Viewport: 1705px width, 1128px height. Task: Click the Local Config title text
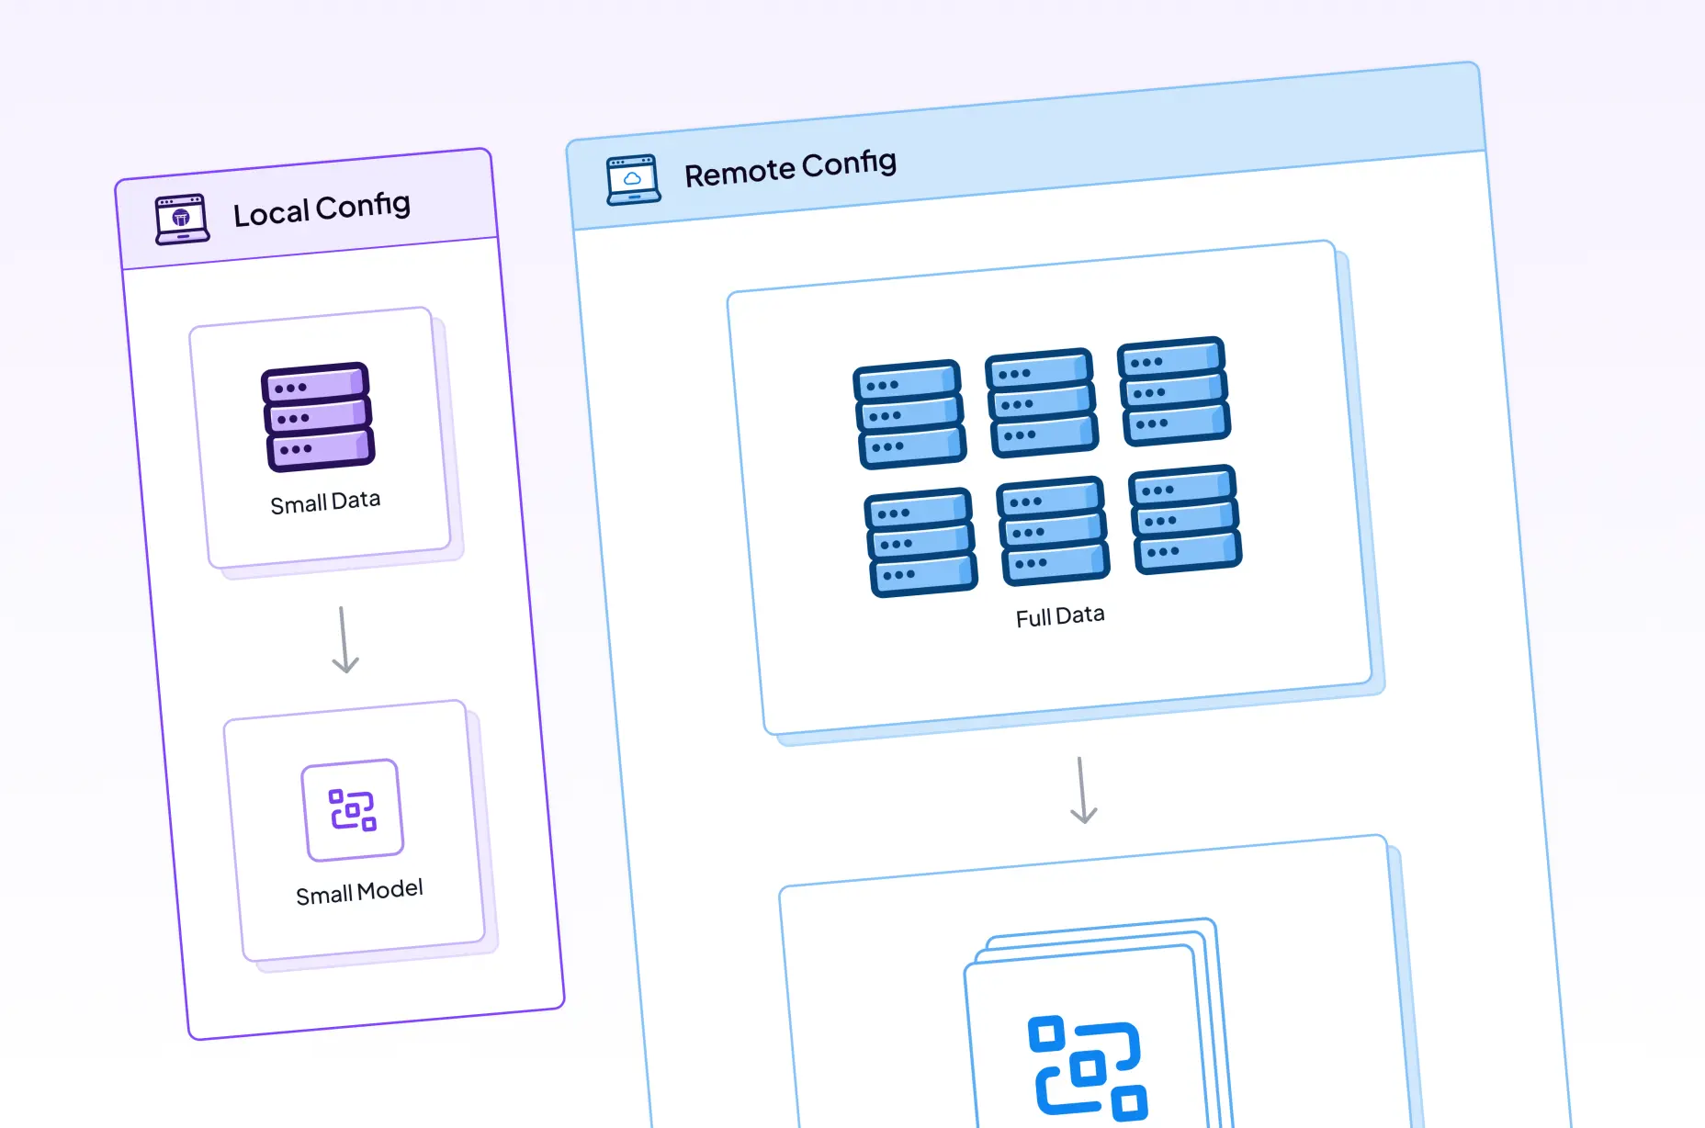[322, 209]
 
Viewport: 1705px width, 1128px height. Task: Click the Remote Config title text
[790, 168]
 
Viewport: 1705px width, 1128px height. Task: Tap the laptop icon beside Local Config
[182, 219]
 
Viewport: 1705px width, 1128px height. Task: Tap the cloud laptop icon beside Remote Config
[633, 179]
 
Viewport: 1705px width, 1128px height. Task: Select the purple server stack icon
[318, 417]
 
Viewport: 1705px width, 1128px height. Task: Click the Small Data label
[325, 502]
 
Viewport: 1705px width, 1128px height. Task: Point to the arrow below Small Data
[344, 640]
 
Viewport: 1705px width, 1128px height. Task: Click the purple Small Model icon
[353, 810]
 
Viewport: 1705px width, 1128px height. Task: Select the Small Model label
[359, 892]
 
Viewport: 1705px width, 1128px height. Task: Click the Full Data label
[1060, 616]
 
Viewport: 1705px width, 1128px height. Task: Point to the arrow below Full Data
[1083, 791]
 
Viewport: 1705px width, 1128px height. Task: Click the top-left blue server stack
[909, 414]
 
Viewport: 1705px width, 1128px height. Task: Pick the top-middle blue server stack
[1042, 402]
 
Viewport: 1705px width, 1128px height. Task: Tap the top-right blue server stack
[1174, 391]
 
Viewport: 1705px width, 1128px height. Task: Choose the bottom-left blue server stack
[920, 542]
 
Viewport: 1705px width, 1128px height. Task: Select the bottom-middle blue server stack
[1053, 531]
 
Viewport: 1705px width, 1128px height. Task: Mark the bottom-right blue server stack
[1185, 520]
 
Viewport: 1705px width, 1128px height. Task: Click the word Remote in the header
[740, 173]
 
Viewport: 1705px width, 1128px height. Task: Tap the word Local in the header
[271, 214]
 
